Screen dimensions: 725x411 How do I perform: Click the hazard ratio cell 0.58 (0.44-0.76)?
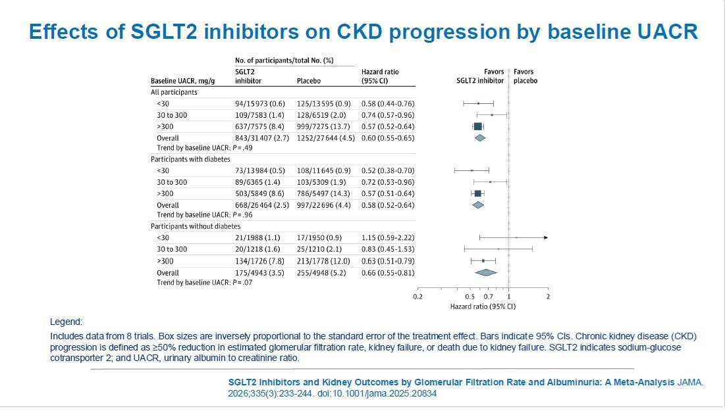(388, 104)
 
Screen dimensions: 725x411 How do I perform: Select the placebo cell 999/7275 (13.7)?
(323, 126)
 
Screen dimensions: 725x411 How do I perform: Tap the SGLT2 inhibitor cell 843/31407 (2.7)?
(262, 138)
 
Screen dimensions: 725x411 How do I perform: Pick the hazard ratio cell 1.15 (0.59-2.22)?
(388, 238)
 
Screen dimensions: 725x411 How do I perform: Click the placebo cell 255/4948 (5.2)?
(321, 273)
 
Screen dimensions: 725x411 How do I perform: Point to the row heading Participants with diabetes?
(190, 159)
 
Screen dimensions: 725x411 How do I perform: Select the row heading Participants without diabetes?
(196, 226)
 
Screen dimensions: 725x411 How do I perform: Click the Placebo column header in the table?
(308, 81)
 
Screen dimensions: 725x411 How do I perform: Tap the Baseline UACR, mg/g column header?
(182, 82)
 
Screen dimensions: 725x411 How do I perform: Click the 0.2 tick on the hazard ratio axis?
(418, 297)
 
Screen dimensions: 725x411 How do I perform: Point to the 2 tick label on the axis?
(548, 297)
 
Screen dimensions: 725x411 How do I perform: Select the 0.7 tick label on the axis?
(488, 297)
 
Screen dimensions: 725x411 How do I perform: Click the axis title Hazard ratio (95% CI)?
(483, 306)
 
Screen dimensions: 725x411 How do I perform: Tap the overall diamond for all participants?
(480, 138)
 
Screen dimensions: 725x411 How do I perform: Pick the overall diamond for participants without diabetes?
(486, 273)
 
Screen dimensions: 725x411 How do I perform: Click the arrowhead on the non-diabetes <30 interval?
(546, 238)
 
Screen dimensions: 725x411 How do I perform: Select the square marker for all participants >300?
(478, 126)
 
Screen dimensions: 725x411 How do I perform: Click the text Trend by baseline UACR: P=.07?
(204, 283)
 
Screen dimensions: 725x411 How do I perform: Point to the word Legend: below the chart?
(66, 322)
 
